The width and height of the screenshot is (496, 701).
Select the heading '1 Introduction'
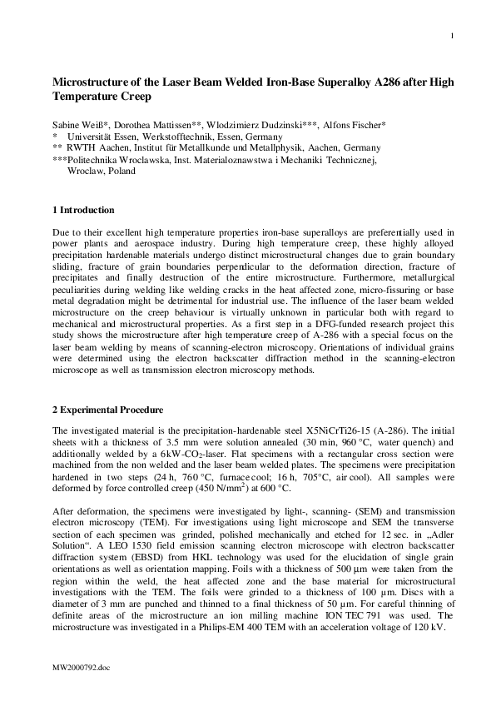83,210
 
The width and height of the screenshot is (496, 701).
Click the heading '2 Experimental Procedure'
107,410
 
